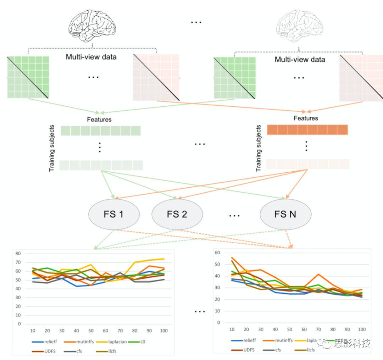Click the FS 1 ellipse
coord(114,214)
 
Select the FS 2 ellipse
coord(177,214)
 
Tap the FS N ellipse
coord(285,214)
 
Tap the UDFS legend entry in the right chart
coord(245,349)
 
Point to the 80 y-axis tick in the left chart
coord(18,254)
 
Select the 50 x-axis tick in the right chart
coord(290,329)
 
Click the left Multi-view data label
coord(91,57)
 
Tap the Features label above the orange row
coord(306,118)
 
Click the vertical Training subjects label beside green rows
coord(52,148)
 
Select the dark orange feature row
coord(307,130)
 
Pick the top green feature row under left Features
coord(101,131)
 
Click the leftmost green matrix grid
coord(28,77)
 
